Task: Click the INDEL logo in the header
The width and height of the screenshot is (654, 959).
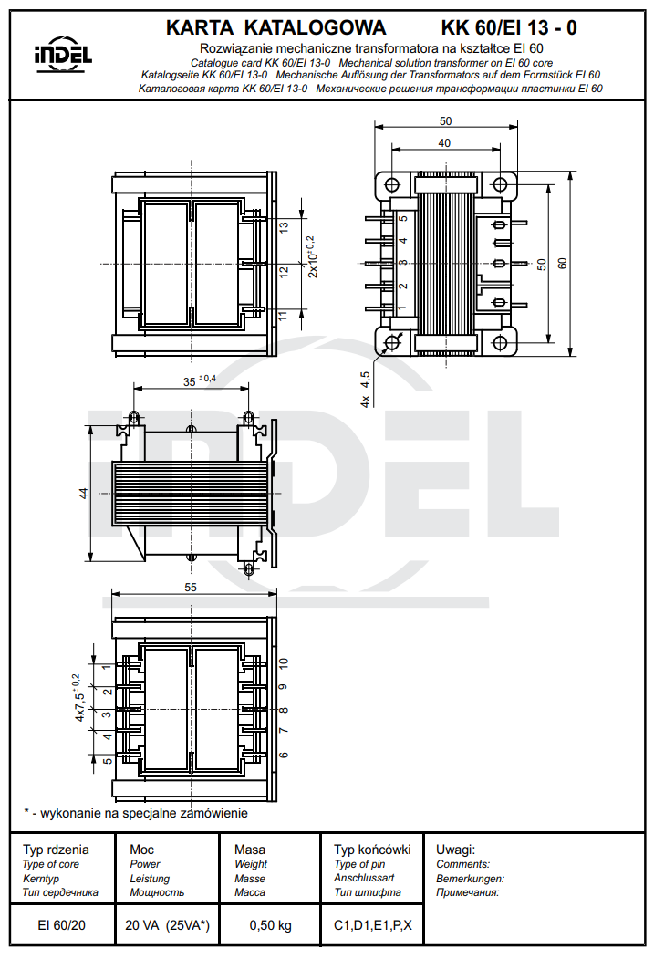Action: [x=63, y=54]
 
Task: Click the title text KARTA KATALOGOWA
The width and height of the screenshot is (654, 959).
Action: [x=275, y=28]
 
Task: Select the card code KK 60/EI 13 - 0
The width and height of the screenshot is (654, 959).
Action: [x=508, y=28]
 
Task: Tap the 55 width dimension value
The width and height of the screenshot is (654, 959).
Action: [x=191, y=588]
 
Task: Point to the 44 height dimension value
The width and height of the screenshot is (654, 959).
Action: [x=83, y=493]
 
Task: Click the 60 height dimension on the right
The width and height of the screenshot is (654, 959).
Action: [x=563, y=263]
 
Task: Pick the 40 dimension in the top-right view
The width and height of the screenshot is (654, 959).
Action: [x=443, y=143]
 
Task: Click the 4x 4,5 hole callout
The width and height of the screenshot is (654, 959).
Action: [x=366, y=389]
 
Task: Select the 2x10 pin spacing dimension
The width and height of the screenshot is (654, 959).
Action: [x=312, y=256]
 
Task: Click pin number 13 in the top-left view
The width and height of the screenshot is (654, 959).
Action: [x=284, y=227]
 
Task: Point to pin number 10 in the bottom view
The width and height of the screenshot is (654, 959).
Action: [x=284, y=663]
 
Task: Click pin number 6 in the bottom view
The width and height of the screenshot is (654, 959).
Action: [x=284, y=755]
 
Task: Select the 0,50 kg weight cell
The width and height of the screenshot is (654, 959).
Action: [x=271, y=925]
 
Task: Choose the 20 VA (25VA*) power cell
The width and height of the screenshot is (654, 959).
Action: [x=167, y=925]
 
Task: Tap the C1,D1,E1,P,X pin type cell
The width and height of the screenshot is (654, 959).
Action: [x=372, y=925]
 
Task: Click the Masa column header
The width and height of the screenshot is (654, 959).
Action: [x=250, y=849]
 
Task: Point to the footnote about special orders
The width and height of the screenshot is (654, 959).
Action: [x=136, y=812]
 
